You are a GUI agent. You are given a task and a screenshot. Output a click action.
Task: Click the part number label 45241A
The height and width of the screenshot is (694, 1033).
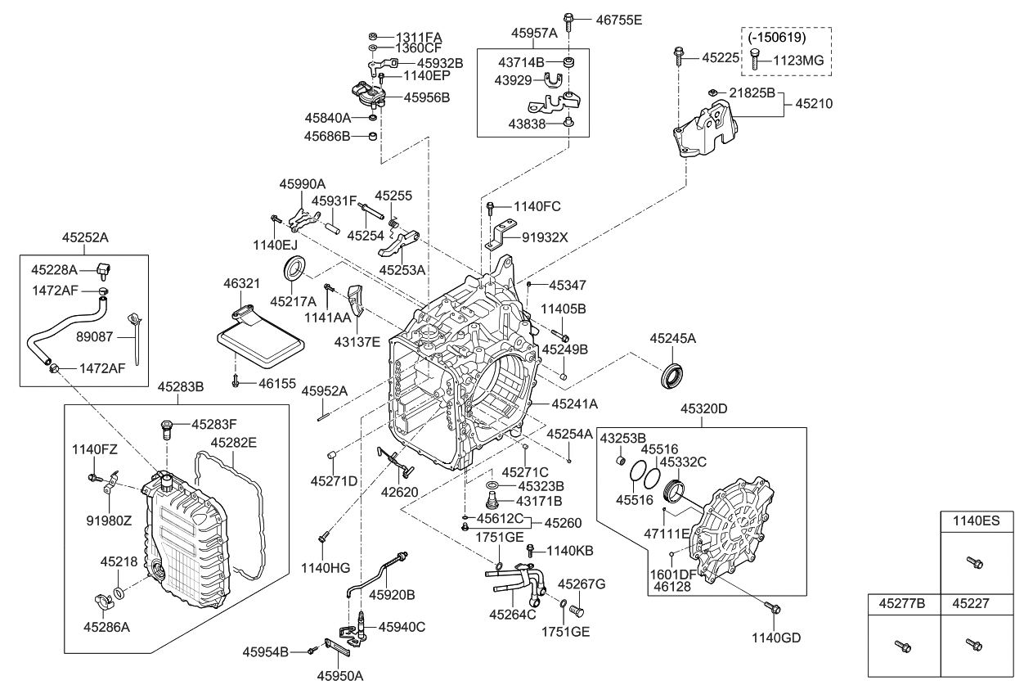(574, 403)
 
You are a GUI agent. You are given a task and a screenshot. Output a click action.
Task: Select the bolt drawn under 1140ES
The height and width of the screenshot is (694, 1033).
(973, 562)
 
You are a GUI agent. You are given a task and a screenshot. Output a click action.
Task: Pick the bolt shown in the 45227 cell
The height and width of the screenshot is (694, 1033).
(972, 645)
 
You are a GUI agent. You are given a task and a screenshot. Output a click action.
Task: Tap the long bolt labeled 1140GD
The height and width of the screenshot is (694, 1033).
(774, 606)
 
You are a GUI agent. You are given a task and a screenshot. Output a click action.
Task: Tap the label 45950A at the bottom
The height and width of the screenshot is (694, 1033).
(339, 675)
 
